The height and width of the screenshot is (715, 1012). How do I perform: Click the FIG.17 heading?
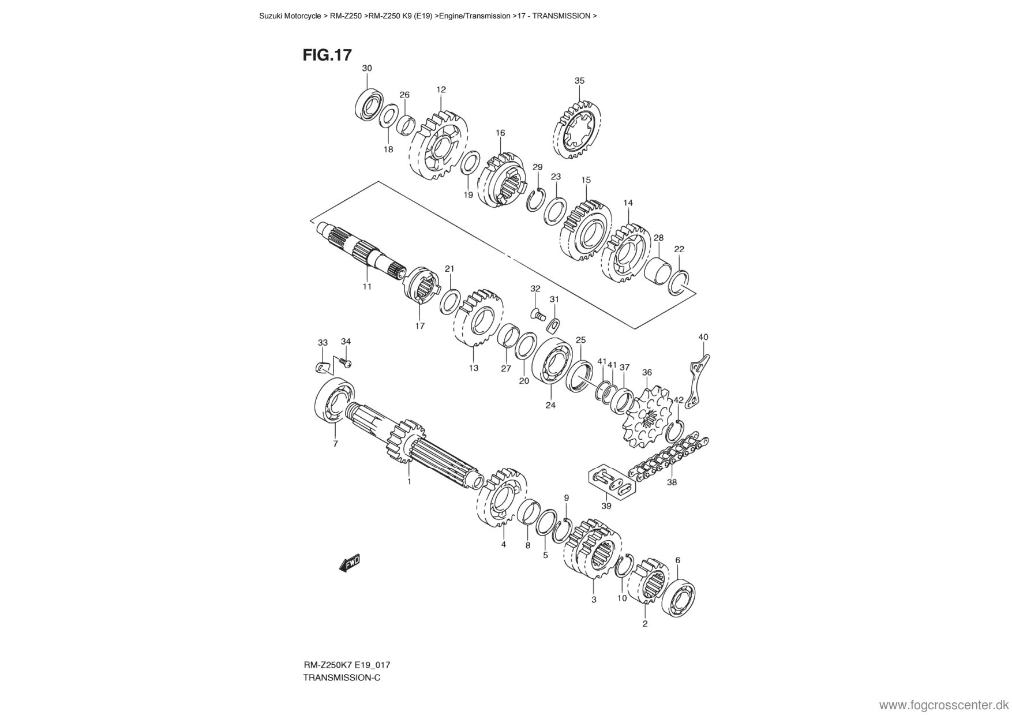pos(327,55)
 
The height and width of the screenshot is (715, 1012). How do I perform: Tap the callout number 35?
pos(579,81)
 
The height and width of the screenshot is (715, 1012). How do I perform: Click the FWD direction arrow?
pos(350,562)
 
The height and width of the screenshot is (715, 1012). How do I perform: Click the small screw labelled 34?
pos(346,363)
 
